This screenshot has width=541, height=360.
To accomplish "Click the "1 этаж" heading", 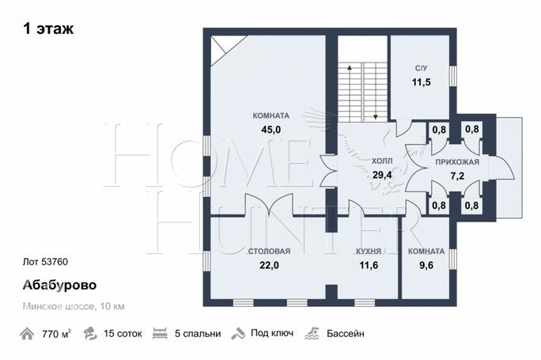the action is coord(48,28).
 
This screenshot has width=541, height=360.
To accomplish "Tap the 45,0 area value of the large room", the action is coord(271,130).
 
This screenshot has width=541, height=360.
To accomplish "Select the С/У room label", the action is coord(421,68).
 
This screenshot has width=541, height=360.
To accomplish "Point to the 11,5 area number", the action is coord(421,82).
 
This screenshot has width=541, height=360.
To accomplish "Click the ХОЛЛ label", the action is coord(382,161).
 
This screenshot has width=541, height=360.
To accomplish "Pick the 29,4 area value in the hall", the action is coord(382,175).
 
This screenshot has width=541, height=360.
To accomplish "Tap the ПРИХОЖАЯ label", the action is coord(457,162).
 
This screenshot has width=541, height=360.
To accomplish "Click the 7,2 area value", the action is coord(457,176).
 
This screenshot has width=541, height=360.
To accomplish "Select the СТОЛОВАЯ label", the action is coord(269,252).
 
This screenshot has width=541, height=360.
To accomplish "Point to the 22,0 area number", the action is coord(269,265).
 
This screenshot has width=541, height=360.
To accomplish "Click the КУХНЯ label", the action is coord(369,252).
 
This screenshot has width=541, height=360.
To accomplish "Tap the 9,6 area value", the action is coord(426,265).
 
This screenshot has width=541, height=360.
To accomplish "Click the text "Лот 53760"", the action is coord(45,262).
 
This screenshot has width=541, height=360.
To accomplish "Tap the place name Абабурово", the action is coord(59,285).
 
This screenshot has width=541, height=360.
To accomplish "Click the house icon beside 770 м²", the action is coord(27,334).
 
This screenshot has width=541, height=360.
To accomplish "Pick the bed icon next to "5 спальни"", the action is coord(160,333).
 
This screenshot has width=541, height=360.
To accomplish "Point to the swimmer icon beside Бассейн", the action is coord(312,333).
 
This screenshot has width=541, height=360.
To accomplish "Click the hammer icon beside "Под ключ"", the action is coord(238,334).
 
